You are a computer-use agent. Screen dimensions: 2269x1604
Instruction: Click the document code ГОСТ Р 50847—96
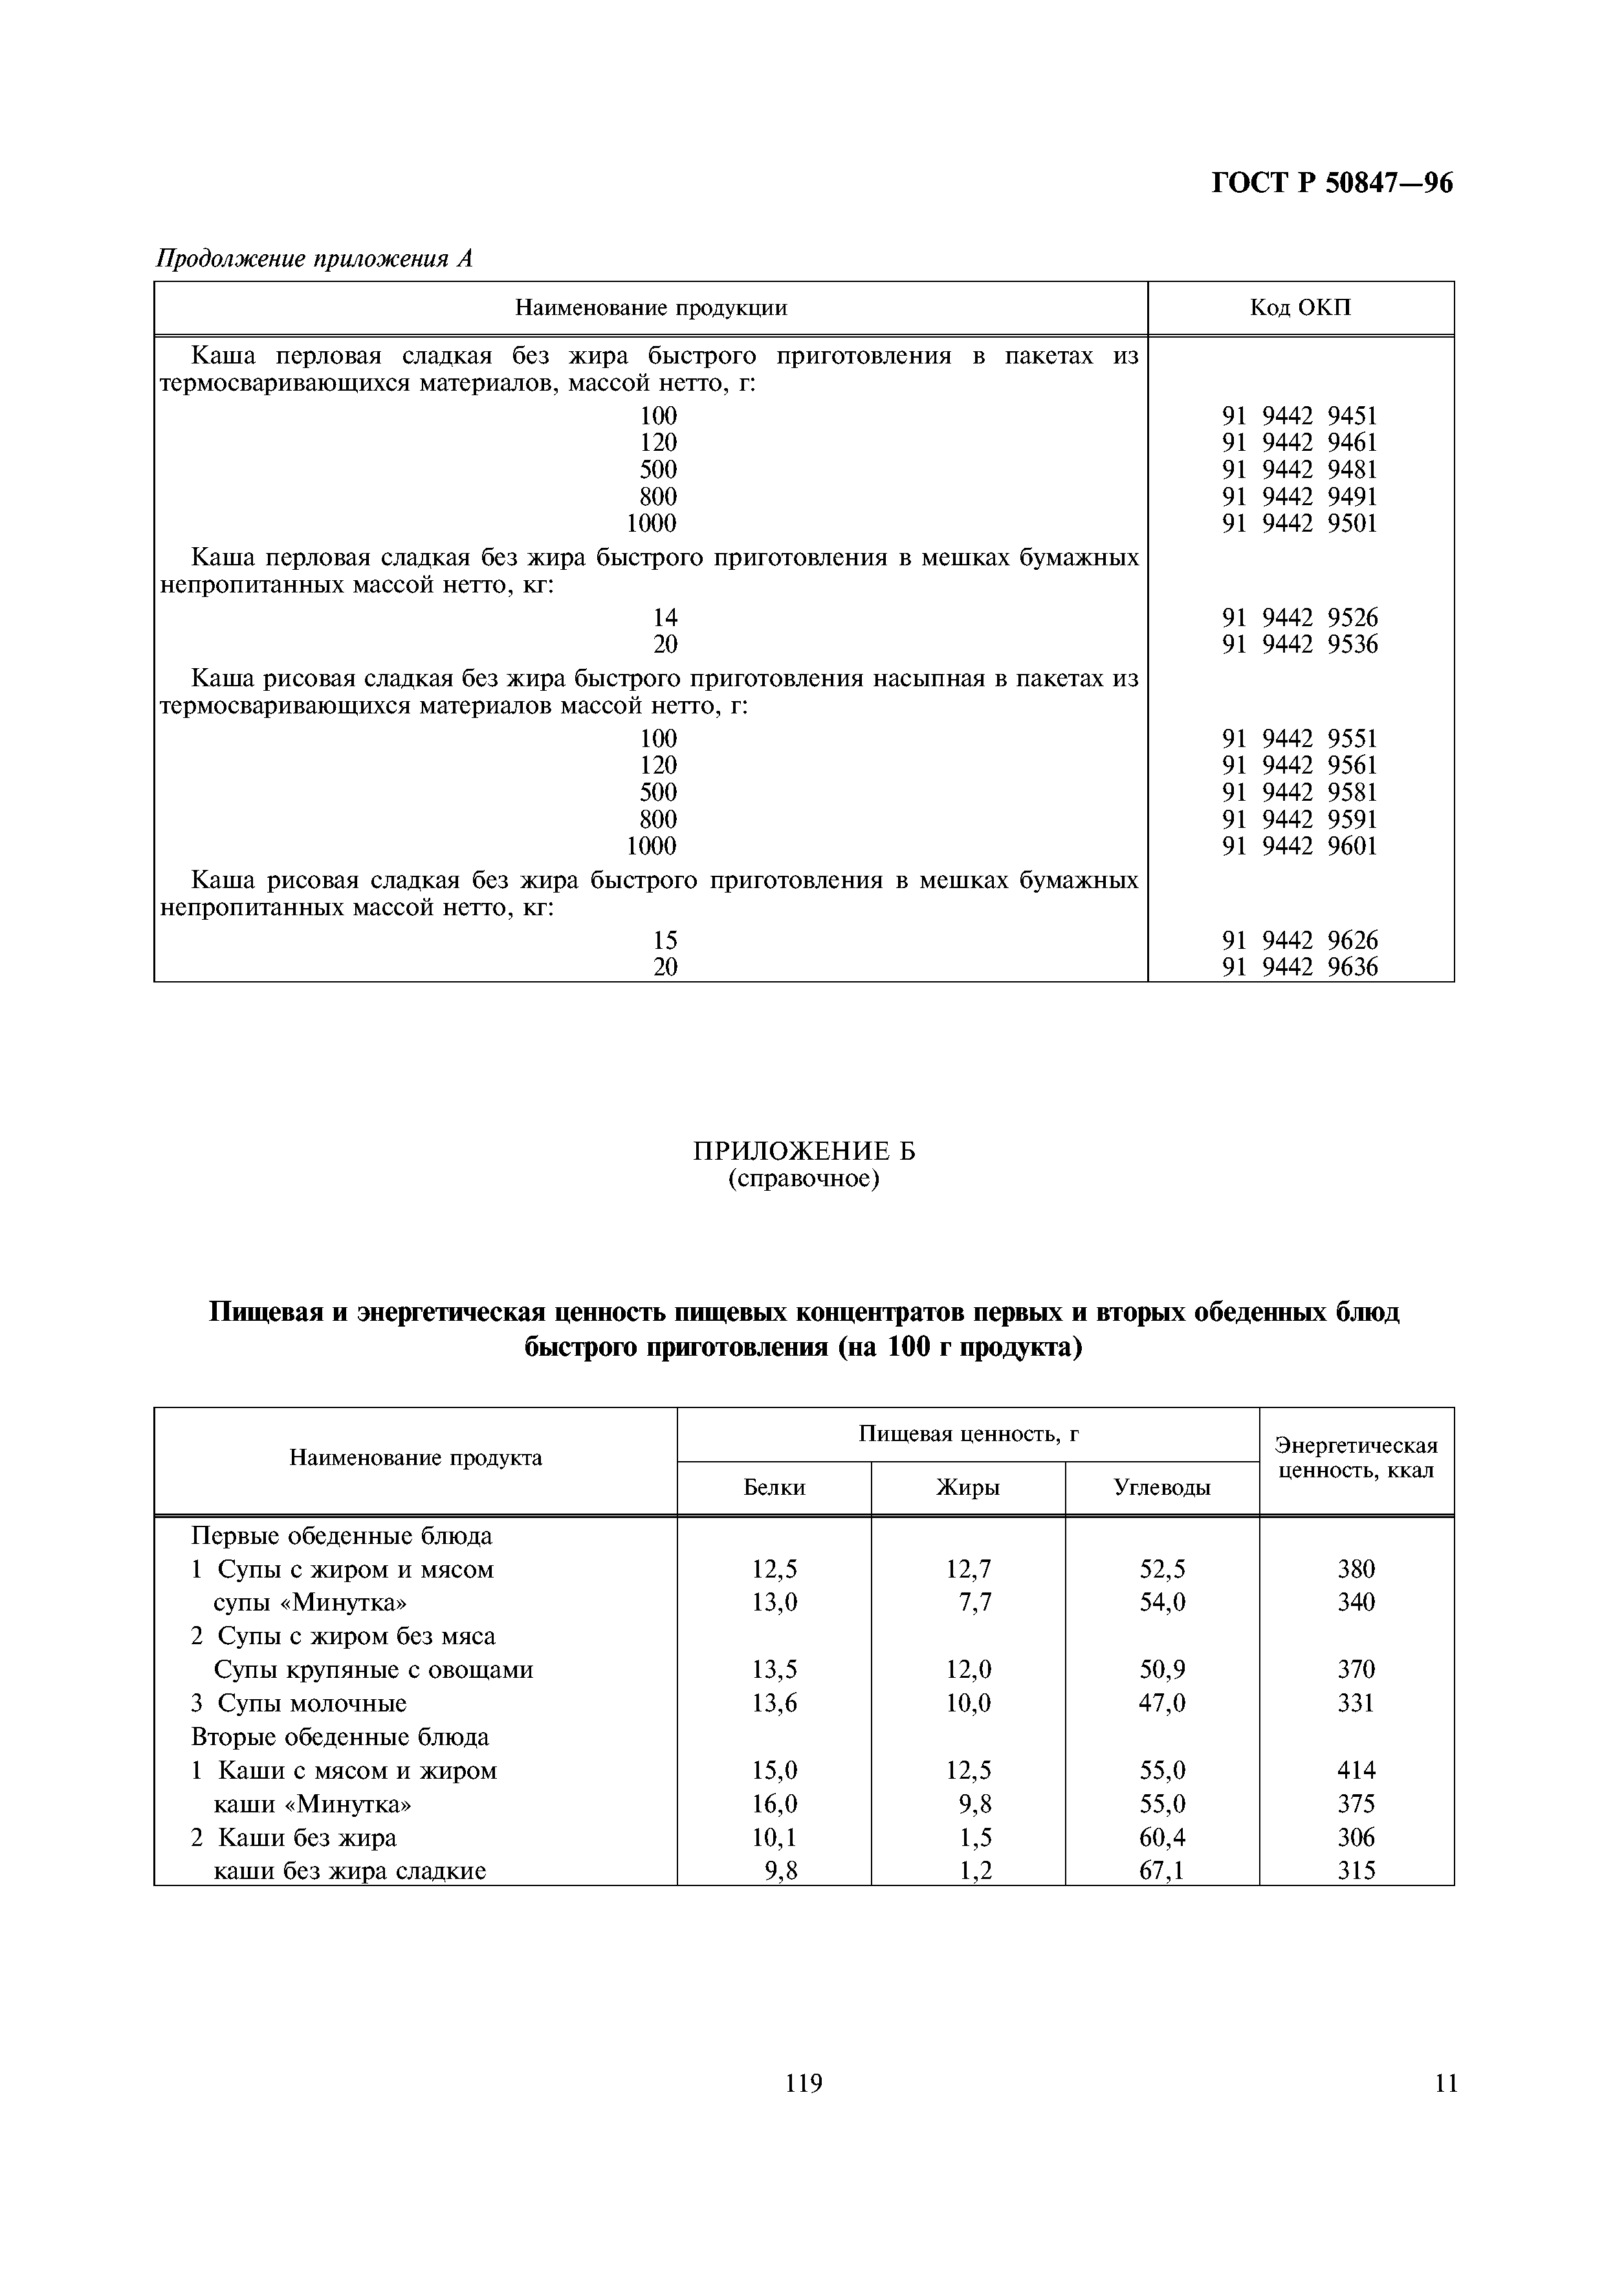1331,184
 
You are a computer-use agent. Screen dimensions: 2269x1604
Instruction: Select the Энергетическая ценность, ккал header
1356,1458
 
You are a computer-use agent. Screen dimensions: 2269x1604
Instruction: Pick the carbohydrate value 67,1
1161,1871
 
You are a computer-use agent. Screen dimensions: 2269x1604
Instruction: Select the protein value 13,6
774,1703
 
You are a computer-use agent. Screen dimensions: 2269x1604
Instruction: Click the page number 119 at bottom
804,2084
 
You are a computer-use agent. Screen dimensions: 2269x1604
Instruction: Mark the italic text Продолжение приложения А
315,259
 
